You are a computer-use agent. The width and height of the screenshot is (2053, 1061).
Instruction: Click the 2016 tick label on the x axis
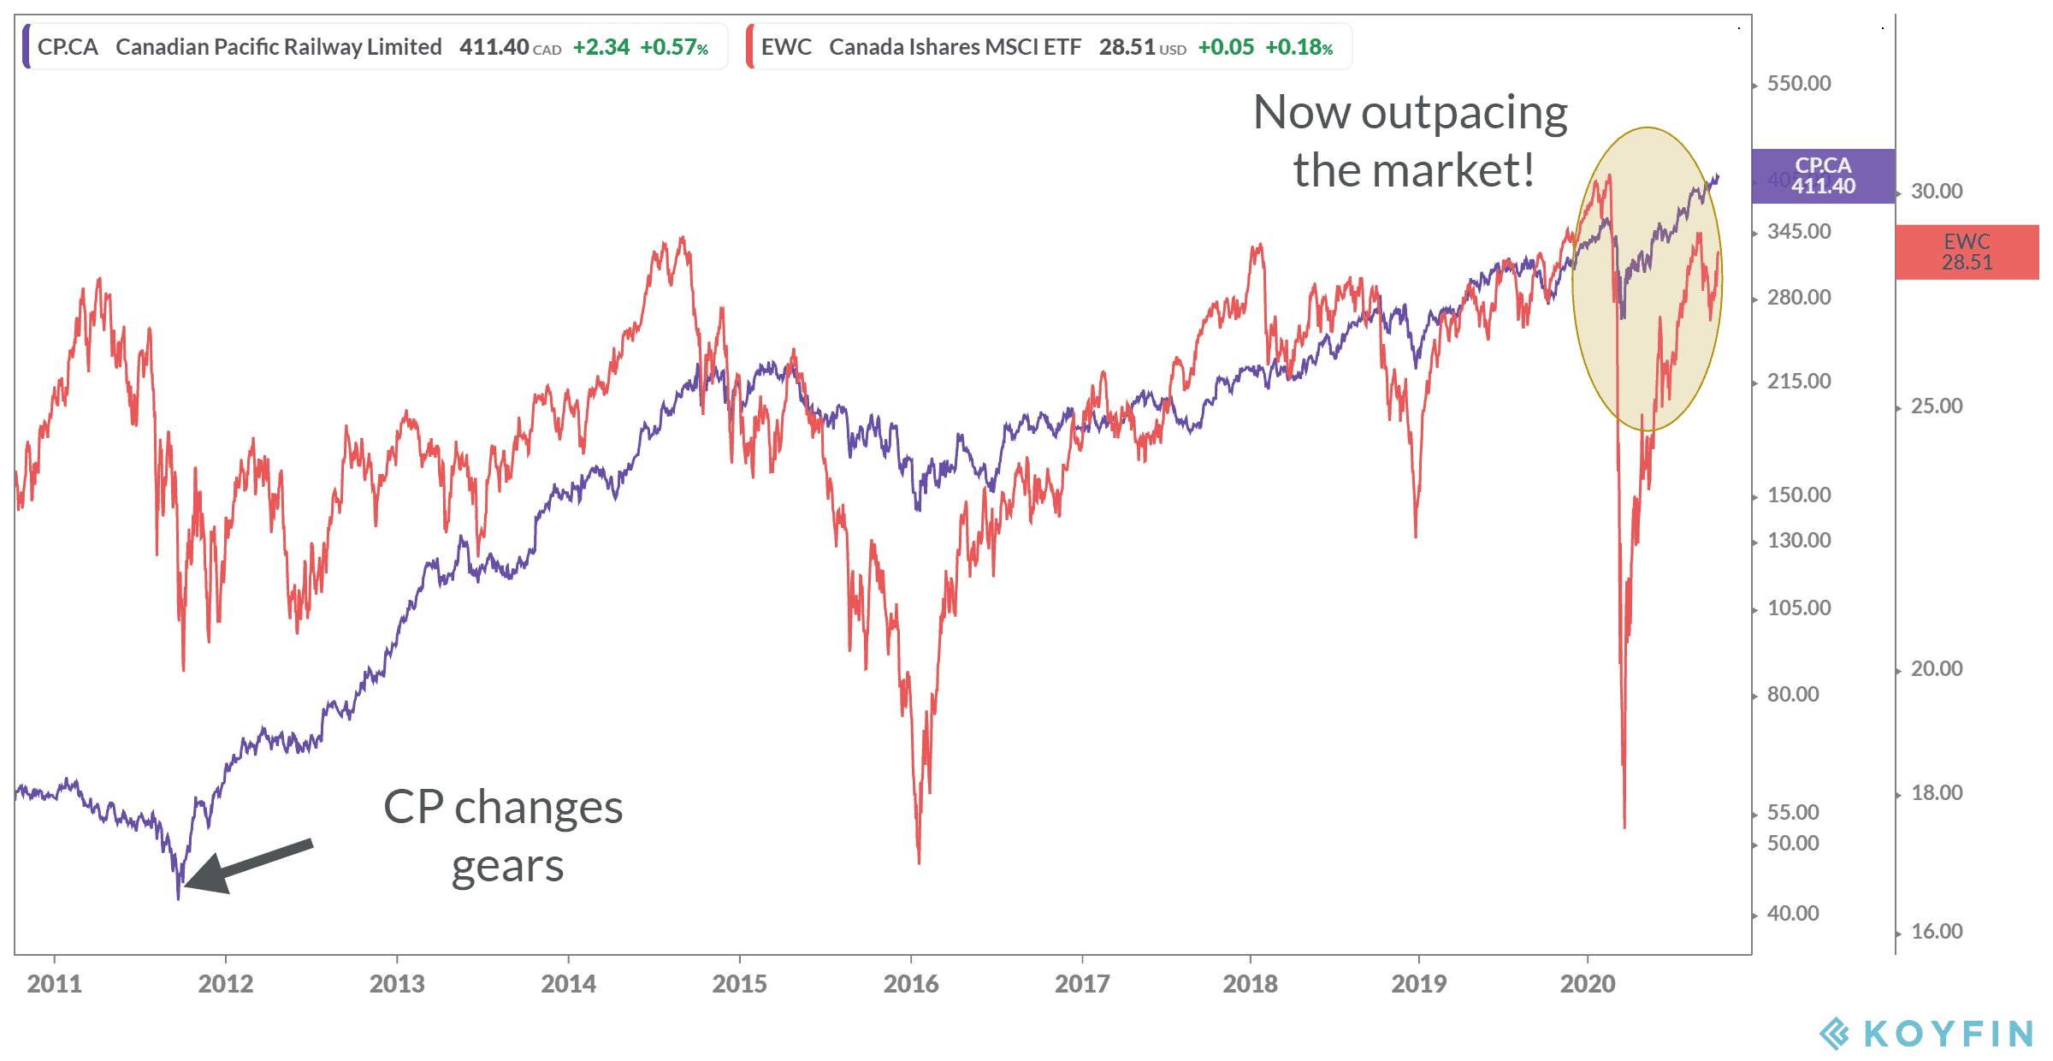tap(910, 983)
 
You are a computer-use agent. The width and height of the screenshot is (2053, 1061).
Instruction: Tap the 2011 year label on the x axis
tap(54, 983)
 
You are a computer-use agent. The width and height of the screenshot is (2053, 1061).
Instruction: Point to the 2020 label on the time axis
tap(1587, 983)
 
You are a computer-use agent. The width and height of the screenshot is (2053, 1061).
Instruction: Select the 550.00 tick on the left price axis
tap(1798, 84)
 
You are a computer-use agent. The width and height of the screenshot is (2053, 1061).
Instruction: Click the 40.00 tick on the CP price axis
tap(1792, 914)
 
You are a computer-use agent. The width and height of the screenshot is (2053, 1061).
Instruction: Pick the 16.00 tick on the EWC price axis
tap(1936, 932)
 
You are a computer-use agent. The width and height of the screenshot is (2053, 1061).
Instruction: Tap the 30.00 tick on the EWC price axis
tap(1936, 192)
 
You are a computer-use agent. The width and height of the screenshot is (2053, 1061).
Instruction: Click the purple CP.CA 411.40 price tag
tap(1823, 176)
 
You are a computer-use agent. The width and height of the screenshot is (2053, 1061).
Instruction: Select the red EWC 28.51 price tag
tap(1967, 252)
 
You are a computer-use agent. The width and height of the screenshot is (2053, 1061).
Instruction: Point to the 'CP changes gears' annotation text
tap(504, 836)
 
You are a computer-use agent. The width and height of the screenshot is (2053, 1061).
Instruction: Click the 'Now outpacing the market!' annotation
tap(1411, 141)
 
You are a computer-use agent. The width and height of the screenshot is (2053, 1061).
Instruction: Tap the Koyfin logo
tap(1925, 1034)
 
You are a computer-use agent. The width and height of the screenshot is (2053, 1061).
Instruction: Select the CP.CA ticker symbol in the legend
tap(68, 47)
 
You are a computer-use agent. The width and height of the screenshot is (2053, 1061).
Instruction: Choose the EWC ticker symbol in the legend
tap(786, 47)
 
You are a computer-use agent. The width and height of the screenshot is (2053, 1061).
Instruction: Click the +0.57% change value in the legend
tap(674, 47)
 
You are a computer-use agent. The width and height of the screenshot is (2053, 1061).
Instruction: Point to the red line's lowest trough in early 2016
tap(919, 861)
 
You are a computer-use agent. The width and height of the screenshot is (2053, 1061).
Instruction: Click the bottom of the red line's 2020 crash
tap(1624, 826)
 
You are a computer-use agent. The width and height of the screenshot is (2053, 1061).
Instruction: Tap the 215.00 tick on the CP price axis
tap(1798, 382)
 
